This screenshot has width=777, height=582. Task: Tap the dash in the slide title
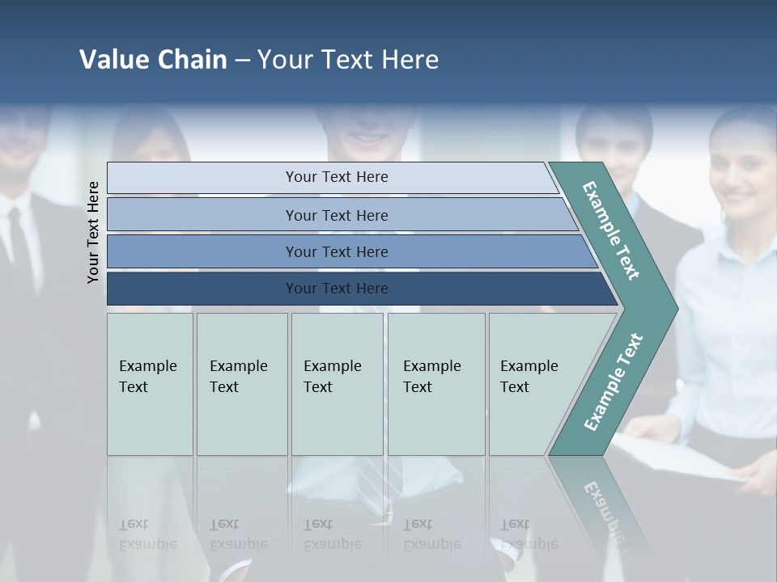click(242, 61)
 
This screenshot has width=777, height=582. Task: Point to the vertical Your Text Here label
click(93, 232)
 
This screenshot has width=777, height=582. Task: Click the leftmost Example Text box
click(150, 384)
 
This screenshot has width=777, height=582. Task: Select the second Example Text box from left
click(241, 384)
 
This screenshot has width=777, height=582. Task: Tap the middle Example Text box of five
click(337, 384)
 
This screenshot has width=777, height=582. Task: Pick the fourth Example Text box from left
click(435, 384)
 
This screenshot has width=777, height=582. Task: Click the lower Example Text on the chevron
click(613, 382)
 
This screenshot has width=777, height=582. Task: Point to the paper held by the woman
click(688, 457)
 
